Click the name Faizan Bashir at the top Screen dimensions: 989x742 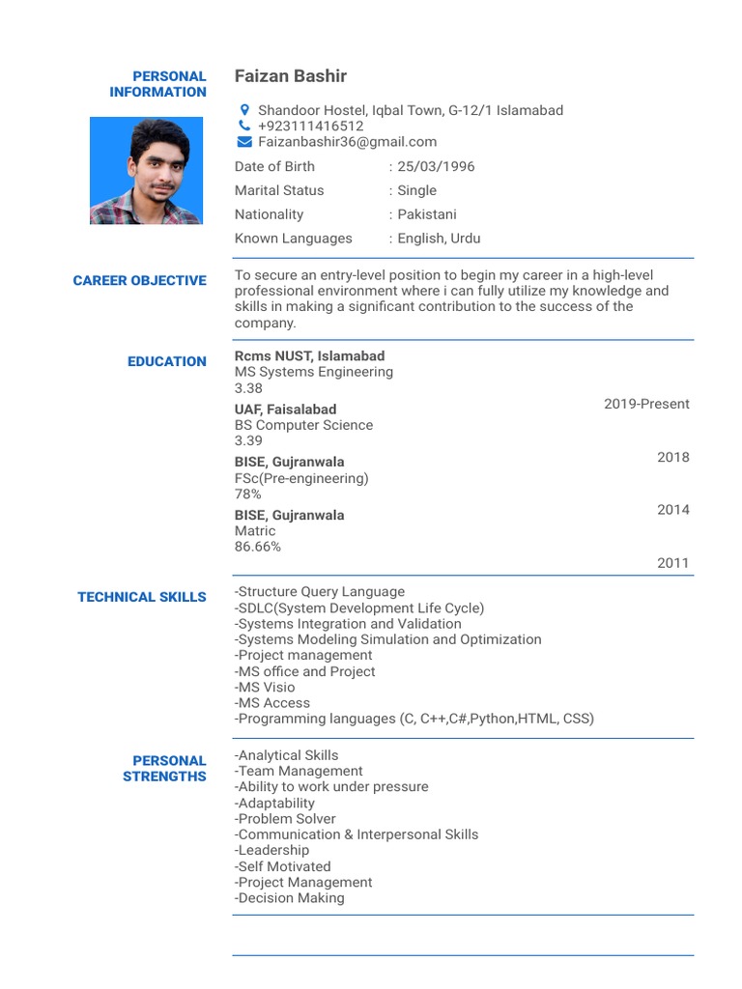click(290, 76)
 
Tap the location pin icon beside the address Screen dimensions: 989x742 click(244, 110)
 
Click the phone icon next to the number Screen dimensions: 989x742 click(244, 126)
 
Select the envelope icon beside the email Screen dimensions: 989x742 click(244, 142)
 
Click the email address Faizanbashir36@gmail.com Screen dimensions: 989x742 click(347, 142)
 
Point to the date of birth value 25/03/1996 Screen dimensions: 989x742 click(436, 166)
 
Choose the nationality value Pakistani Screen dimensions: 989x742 click(427, 214)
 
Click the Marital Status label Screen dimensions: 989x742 click(279, 190)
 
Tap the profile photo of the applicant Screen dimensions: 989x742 click(146, 171)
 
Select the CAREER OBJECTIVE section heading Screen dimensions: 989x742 click(140, 281)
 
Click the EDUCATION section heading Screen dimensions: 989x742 click(167, 361)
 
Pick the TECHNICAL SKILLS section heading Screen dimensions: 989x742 click(142, 597)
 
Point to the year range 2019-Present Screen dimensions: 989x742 click(646, 404)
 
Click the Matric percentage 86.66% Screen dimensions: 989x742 click(258, 547)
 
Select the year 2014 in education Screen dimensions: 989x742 click(673, 510)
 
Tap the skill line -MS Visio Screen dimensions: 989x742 click(265, 688)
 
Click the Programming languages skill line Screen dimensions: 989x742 click(414, 719)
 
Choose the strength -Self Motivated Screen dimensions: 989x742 click(282, 866)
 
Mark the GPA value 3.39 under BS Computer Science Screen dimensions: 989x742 click(248, 440)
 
